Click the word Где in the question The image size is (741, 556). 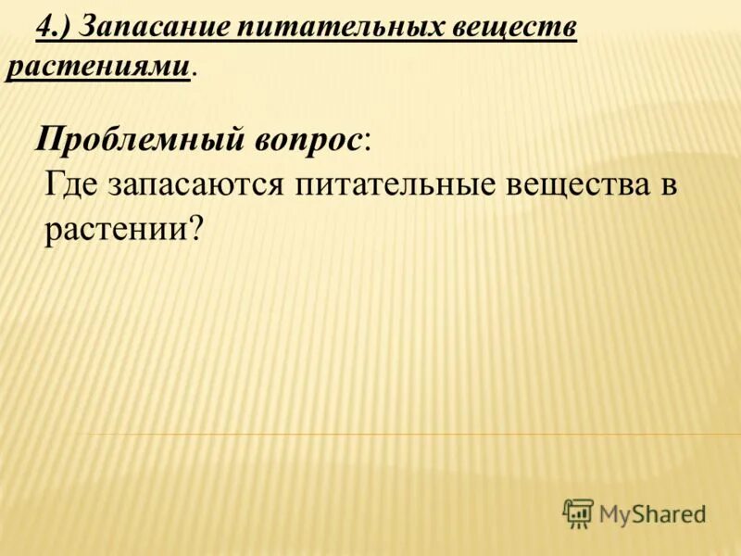coord(72,183)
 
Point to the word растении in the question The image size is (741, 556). coord(116,228)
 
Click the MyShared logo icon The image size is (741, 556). coord(578,512)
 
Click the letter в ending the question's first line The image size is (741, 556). coord(670,184)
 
